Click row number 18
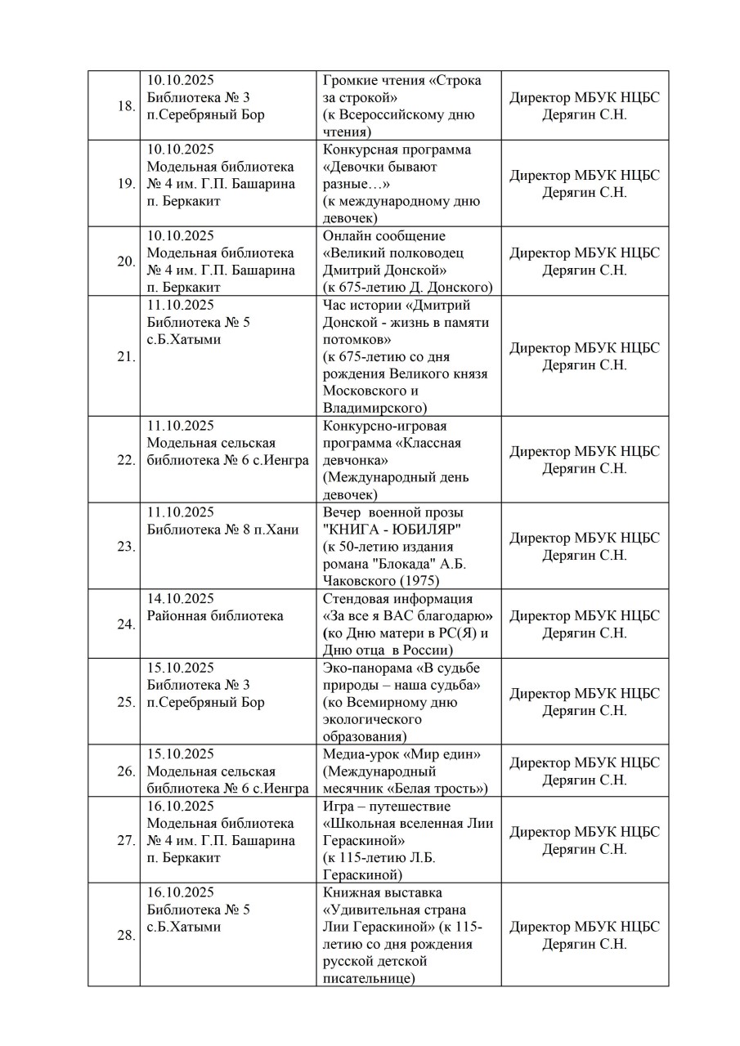[126, 106]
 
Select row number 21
[126, 357]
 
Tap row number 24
[126, 624]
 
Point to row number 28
[126, 936]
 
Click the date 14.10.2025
[180, 598]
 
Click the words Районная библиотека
[215, 615]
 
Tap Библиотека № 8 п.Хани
[216, 529]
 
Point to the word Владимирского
[374, 408]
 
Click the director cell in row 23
[584, 547]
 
